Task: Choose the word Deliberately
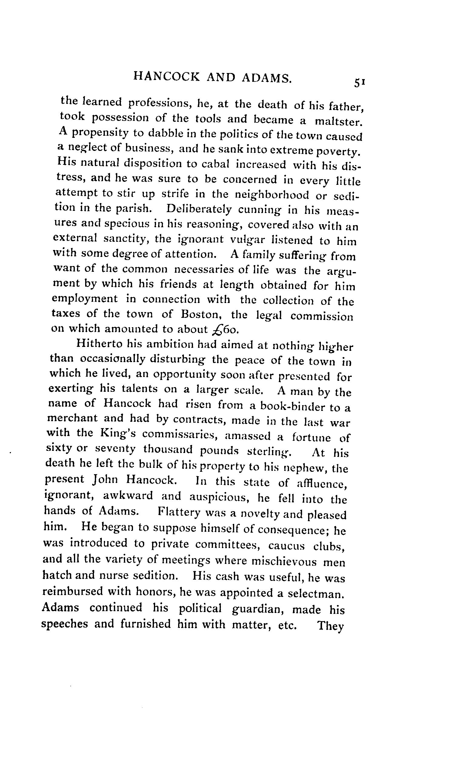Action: click(199, 209)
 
